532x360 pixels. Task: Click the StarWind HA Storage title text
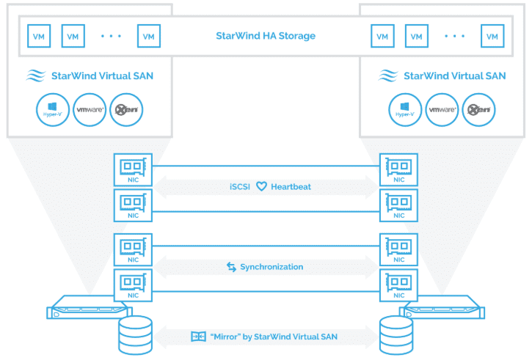pyautogui.click(x=265, y=36)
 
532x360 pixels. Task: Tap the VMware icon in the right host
pyautogui.click(x=442, y=110)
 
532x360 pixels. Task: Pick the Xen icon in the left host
pyautogui.click(x=126, y=110)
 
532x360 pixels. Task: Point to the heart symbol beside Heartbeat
pyautogui.click(x=260, y=187)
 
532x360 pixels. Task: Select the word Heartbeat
pyautogui.click(x=291, y=187)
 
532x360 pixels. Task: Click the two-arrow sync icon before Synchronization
pyautogui.click(x=231, y=267)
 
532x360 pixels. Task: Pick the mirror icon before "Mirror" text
pyautogui.click(x=196, y=337)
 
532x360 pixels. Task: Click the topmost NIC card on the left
pyautogui.click(x=134, y=168)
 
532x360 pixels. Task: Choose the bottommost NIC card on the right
pyautogui.click(x=398, y=284)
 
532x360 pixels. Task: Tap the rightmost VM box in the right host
pyautogui.click(x=492, y=35)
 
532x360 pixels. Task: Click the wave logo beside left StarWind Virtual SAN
pyautogui.click(x=37, y=76)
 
